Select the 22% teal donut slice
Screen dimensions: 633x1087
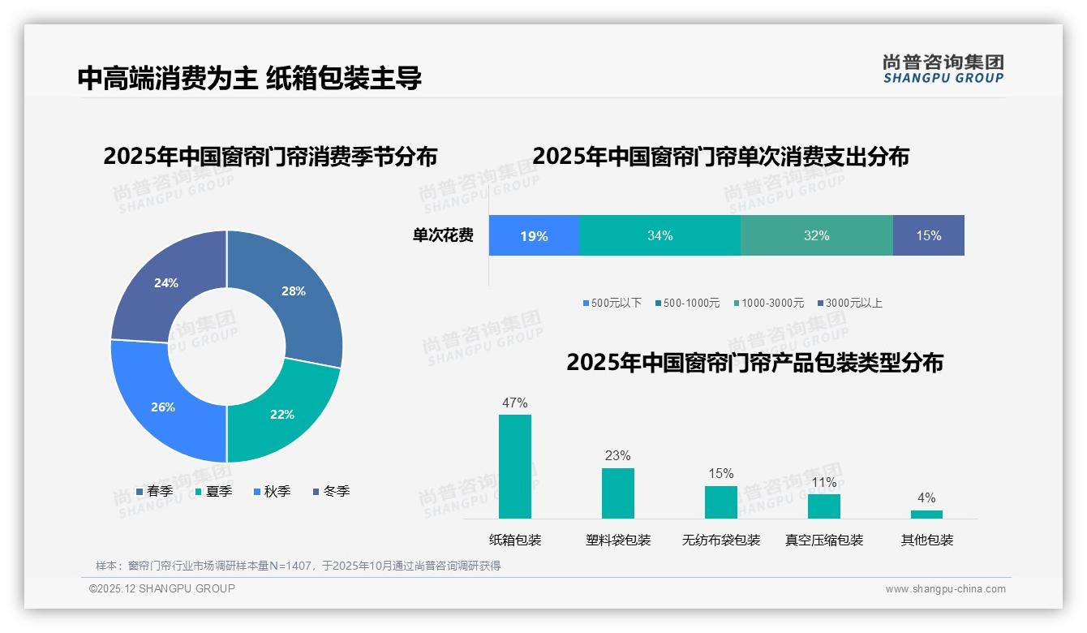click(x=280, y=414)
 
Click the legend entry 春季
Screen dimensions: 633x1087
click(x=154, y=491)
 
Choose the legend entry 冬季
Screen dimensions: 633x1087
click(x=331, y=491)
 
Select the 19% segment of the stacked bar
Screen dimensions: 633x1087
click(x=534, y=236)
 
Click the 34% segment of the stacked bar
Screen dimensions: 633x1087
click(x=660, y=236)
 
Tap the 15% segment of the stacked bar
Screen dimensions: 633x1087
click(x=928, y=236)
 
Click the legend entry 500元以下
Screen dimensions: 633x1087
click(x=612, y=303)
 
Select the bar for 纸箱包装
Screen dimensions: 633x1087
click(x=514, y=467)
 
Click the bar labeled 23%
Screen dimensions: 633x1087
click(x=617, y=493)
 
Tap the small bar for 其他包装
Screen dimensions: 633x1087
click(x=926, y=514)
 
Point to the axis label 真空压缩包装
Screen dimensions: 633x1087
click(x=823, y=540)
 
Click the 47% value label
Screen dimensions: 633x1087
click(x=514, y=403)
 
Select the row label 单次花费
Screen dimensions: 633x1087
click(x=443, y=236)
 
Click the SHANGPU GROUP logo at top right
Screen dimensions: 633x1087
click(x=943, y=69)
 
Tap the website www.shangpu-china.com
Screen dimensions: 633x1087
click(x=945, y=589)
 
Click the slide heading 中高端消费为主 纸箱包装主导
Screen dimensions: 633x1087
click(x=249, y=78)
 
